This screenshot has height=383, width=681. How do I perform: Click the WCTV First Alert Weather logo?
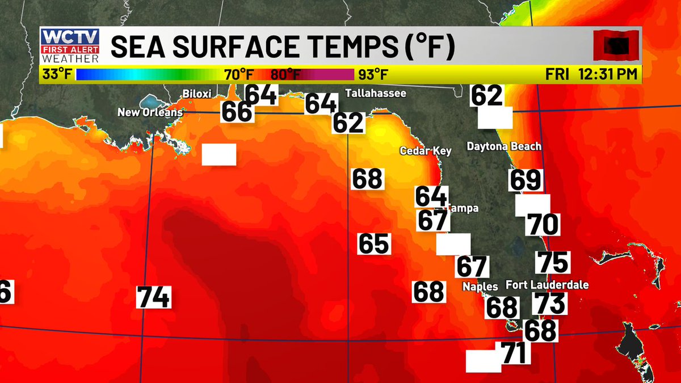coord(70,46)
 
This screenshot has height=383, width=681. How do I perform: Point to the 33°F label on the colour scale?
coord(57,74)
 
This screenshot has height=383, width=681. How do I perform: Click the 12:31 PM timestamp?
coord(608,74)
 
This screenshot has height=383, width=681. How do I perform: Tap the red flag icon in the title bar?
coord(616,45)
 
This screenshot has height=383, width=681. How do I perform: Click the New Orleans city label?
coord(150,112)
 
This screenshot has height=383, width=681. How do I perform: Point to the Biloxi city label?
coord(197,93)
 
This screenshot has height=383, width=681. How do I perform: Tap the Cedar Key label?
coord(426,151)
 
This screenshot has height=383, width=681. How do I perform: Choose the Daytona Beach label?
coord(504,146)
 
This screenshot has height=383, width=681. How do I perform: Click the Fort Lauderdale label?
coord(547,285)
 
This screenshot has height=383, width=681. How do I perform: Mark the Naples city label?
coord(480,287)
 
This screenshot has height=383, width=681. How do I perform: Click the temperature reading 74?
coord(154,297)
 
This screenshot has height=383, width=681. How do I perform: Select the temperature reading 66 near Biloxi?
coord(237,111)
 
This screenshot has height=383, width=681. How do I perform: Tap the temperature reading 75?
coord(553,262)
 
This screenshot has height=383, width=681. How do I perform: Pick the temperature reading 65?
coord(374,243)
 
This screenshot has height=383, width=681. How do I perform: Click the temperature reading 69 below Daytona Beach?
coord(526,180)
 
